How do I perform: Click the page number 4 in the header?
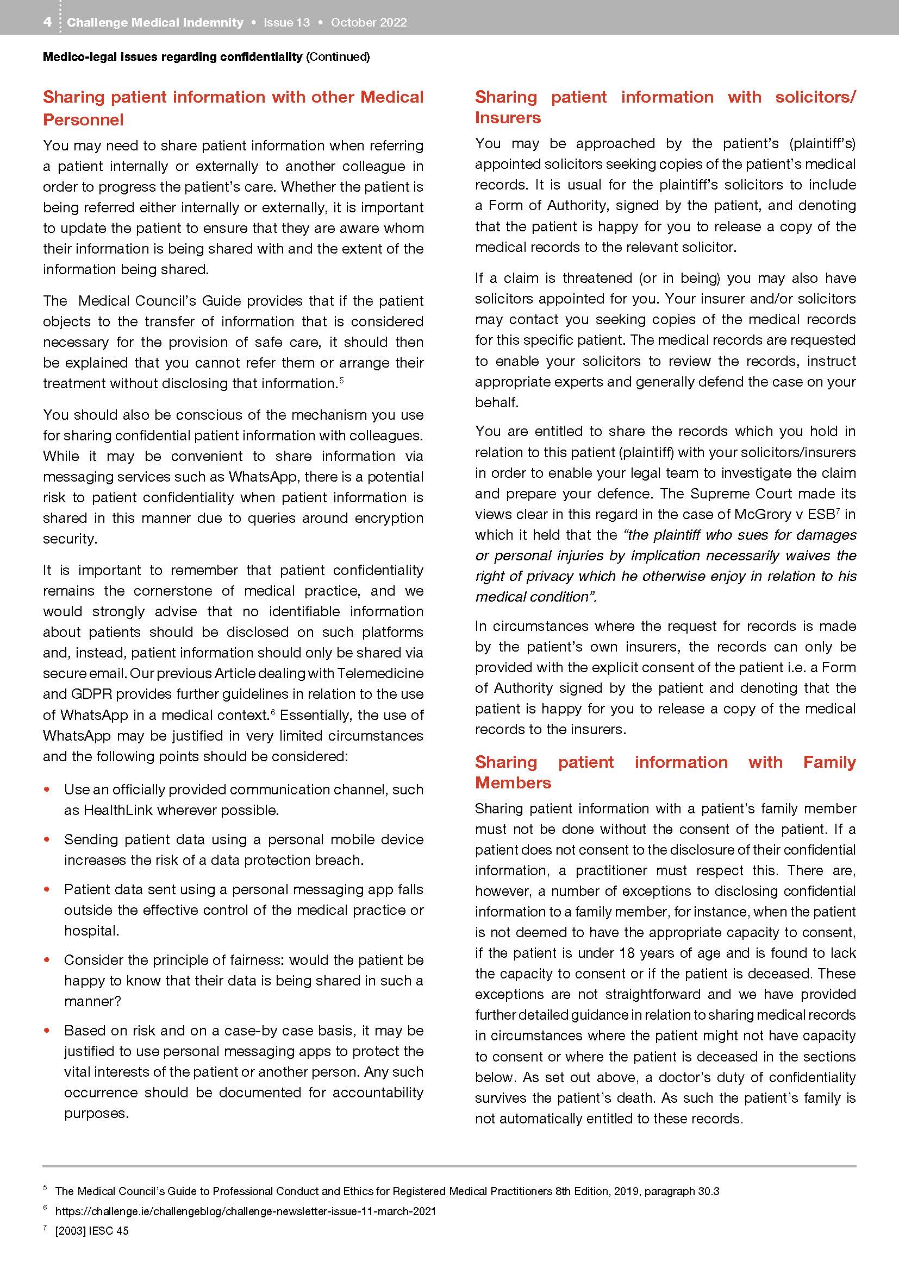(48, 22)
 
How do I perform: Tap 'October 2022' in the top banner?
(369, 23)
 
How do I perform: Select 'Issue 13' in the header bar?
(286, 23)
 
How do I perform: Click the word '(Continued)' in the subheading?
(338, 56)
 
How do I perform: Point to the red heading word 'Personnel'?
(83, 119)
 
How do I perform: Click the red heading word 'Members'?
(513, 783)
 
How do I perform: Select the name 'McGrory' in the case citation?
(761, 514)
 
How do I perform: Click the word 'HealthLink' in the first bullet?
(118, 810)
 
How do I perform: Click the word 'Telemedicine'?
(380, 674)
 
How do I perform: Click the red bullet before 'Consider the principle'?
(47, 959)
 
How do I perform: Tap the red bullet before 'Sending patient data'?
(47, 839)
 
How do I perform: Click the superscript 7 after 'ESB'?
(838, 511)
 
